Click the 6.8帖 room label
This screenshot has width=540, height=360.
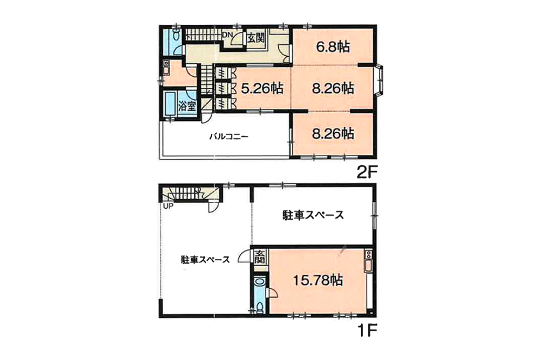(x=332, y=47)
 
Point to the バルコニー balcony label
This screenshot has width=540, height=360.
(x=229, y=137)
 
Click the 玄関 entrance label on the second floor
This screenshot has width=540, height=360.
(x=255, y=38)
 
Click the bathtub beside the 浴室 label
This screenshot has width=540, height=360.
(x=171, y=103)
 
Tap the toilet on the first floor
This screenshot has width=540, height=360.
(x=260, y=306)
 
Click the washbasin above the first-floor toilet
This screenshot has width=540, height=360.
(x=260, y=281)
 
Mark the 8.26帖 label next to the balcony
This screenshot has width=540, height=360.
(x=332, y=133)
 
